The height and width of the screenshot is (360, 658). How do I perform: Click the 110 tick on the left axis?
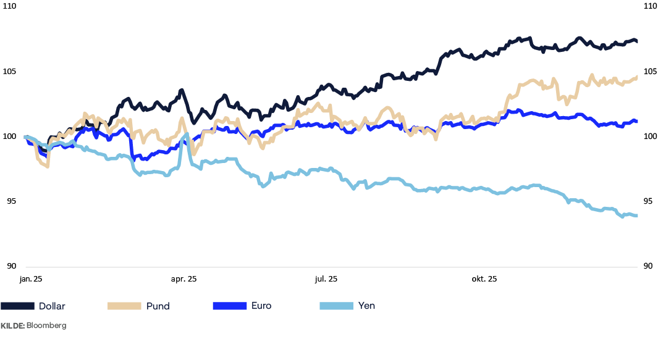(x=9, y=7)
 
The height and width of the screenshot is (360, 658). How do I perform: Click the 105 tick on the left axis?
(x=9, y=72)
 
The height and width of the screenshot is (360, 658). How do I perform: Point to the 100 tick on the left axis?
(x=9, y=136)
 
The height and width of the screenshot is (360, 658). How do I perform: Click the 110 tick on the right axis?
(x=649, y=7)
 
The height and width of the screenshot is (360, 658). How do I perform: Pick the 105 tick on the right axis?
(x=649, y=72)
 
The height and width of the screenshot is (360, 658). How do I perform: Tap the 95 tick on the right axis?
(x=647, y=201)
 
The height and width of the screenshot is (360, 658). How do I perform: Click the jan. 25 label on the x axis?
(x=30, y=280)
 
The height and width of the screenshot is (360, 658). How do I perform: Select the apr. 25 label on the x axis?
(x=183, y=280)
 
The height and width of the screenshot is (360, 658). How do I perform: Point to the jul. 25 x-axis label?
(x=326, y=280)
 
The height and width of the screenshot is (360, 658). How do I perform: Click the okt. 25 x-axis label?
(x=484, y=280)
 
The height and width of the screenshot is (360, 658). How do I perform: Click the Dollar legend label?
(x=52, y=306)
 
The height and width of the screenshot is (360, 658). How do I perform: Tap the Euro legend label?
(x=261, y=306)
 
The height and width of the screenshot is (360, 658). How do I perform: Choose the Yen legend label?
(x=366, y=306)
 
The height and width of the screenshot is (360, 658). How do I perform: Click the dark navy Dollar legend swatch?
(x=17, y=306)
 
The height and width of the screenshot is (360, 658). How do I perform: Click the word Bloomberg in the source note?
(x=46, y=325)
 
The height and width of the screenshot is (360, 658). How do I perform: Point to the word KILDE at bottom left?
(x=12, y=325)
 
